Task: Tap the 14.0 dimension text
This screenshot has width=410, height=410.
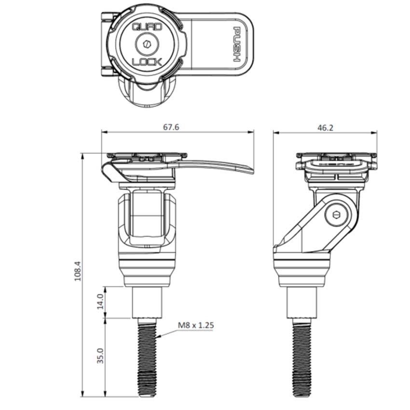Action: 100,302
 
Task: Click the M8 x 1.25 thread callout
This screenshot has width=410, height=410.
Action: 195,325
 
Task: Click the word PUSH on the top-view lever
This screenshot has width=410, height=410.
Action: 238,44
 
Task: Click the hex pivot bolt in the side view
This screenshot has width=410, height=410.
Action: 336,218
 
